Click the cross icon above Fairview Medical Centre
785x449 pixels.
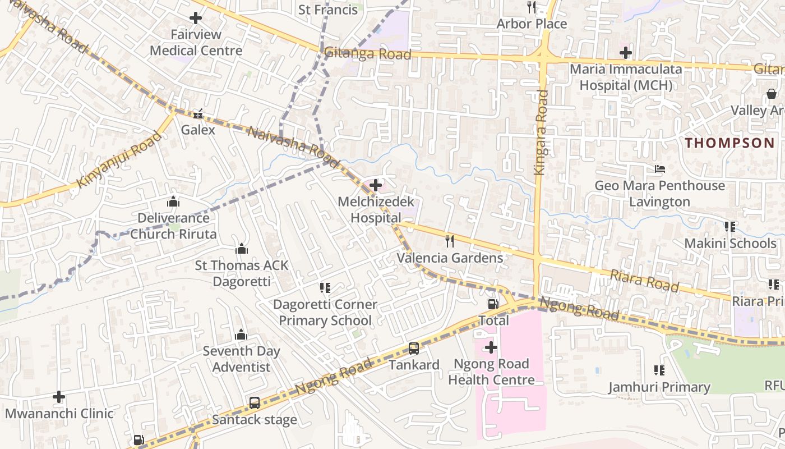[196, 19]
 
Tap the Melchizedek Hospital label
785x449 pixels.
[376, 209]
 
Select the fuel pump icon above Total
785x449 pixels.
[493, 304]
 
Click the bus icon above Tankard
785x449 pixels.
[414, 349]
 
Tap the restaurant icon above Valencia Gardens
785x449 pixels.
[449, 241]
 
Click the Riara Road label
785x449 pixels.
[644, 281]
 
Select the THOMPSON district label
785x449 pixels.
[729, 143]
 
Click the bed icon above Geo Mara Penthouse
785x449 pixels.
[660, 169]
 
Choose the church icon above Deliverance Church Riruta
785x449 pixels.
[173, 201]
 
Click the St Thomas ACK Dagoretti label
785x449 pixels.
[242, 273]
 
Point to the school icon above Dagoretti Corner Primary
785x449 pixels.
[325, 288]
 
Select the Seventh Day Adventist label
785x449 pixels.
[241, 359]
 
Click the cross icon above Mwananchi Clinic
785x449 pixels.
[59, 397]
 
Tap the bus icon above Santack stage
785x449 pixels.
[255, 402]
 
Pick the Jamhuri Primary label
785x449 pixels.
[659, 387]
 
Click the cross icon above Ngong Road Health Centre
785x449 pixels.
[491, 348]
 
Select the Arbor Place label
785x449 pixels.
[532, 24]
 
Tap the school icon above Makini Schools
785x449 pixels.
[730, 227]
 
